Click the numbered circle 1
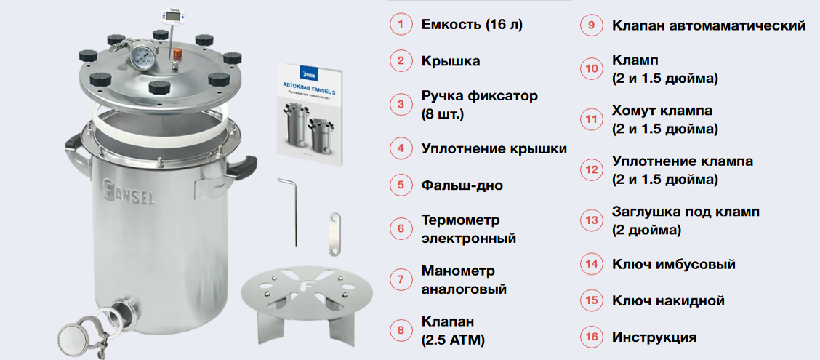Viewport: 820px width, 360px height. click(401, 25)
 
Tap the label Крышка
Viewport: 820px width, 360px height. click(451, 61)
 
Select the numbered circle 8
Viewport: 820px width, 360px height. click(401, 330)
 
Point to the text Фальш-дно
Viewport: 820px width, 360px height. click(462, 185)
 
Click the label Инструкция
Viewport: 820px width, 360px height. click(654, 337)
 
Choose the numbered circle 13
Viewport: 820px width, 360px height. click(591, 220)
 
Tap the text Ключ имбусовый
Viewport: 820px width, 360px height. click(674, 264)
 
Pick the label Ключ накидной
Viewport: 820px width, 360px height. click(668, 301)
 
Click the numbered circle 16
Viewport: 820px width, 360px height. click(591, 337)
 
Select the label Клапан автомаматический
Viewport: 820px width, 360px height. click(709, 25)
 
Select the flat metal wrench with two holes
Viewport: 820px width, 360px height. click(334, 234)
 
